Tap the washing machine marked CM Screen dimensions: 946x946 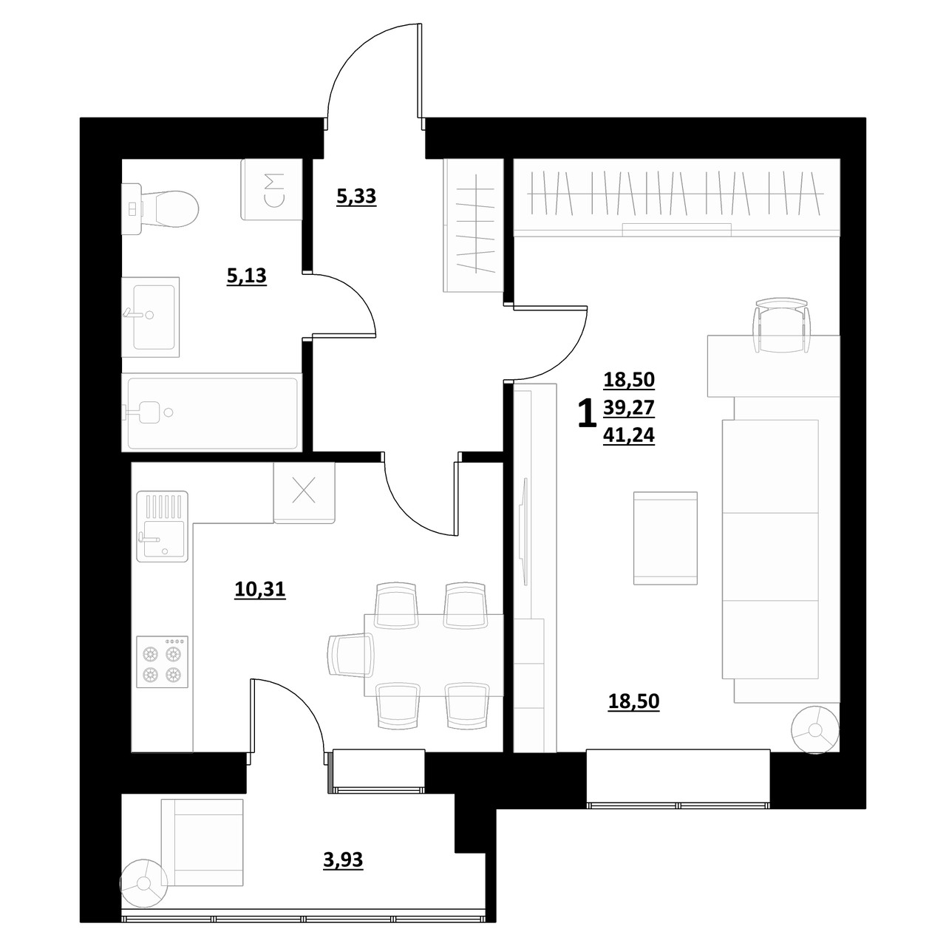pyautogui.click(x=271, y=189)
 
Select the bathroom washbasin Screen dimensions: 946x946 pyautogui.click(x=150, y=316)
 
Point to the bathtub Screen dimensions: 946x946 pyautogui.click(x=211, y=412)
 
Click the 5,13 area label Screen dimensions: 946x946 pyautogui.click(x=246, y=276)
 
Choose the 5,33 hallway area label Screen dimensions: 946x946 pyautogui.click(x=356, y=197)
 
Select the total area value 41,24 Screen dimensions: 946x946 pyautogui.click(x=629, y=435)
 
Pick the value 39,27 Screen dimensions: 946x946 pyautogui.click(x=629, y=407)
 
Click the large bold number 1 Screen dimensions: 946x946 pyautogui.click(x=587, y=413)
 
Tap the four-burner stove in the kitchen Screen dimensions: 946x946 pyautogui.click(x=163, y=661)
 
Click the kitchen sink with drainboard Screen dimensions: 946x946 pyautogui.click(x=163, y=526)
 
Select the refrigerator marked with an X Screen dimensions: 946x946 pyautogui.click(x=304, y=493)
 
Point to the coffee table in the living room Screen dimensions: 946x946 pyautogui.click(x=665, y=538)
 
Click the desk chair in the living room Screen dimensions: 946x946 pyautogui.click(x=781, y=325)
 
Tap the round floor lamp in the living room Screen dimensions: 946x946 pyautogui.click(x=815, y=730)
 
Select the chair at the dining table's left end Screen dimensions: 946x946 pyautogui.click(x=351, y=655)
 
